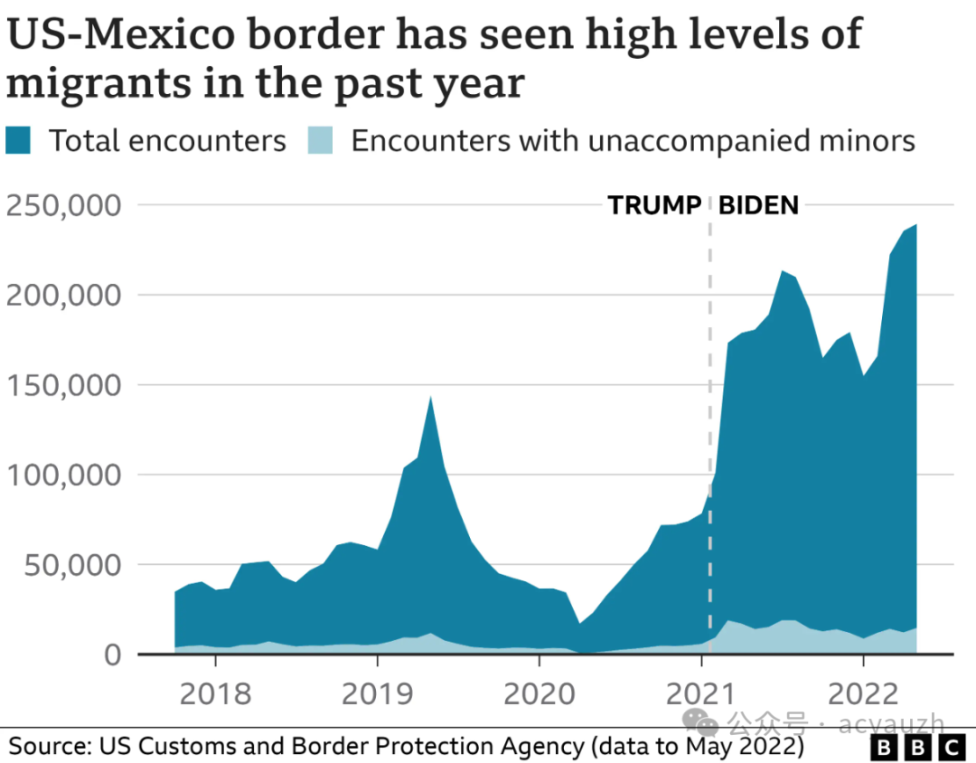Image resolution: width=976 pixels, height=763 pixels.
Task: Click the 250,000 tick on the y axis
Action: coord(63,205)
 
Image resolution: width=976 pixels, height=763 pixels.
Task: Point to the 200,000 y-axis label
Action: coord(63,295)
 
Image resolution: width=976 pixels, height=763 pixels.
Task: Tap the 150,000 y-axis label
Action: coord(63,385)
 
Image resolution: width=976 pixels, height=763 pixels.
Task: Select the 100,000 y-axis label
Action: coord(63,475)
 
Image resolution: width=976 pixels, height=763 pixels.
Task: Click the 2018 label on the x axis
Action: coord(215,694)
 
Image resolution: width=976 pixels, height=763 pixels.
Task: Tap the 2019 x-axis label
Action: coord(377,694)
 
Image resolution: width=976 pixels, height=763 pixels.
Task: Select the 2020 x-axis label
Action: coord(539,694)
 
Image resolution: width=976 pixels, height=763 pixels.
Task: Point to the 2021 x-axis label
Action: coord(701,694)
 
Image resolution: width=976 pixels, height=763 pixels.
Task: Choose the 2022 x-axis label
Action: coord(863,694)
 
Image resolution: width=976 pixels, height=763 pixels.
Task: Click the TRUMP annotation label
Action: coord(654,205)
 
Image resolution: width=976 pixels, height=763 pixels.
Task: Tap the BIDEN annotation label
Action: coord(758,205)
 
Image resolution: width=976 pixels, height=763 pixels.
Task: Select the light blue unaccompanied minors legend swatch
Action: coord(323,141)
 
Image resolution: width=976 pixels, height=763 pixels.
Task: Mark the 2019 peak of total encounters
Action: coord(431,397)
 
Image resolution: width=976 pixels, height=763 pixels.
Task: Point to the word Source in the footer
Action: coord(47,747)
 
